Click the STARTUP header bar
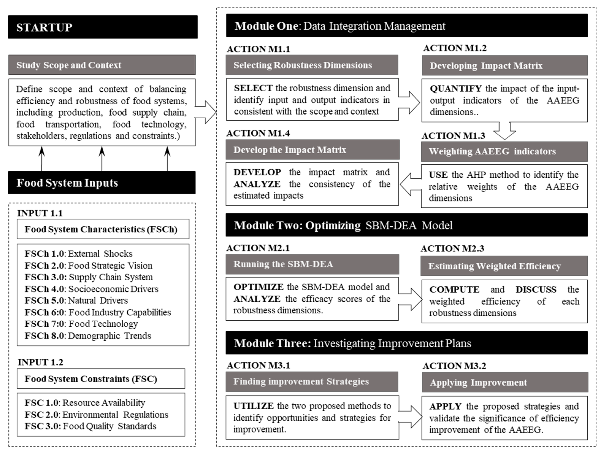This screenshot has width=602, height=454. [103, 27]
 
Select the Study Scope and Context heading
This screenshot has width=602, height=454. [102, 65]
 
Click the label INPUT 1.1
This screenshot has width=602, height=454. [40, 213]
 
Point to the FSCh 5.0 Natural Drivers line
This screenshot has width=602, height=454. [76, 300]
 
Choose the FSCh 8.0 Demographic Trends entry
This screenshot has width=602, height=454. [88, 336]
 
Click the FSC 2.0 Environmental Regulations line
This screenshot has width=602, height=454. [96, 414]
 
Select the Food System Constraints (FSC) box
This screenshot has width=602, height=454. [101, 379]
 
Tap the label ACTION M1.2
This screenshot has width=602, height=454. [455, 48]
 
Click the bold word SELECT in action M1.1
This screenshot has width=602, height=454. [253, 88]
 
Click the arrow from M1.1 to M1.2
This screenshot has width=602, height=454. [410, 103]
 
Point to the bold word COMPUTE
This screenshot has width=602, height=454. [454, 289]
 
